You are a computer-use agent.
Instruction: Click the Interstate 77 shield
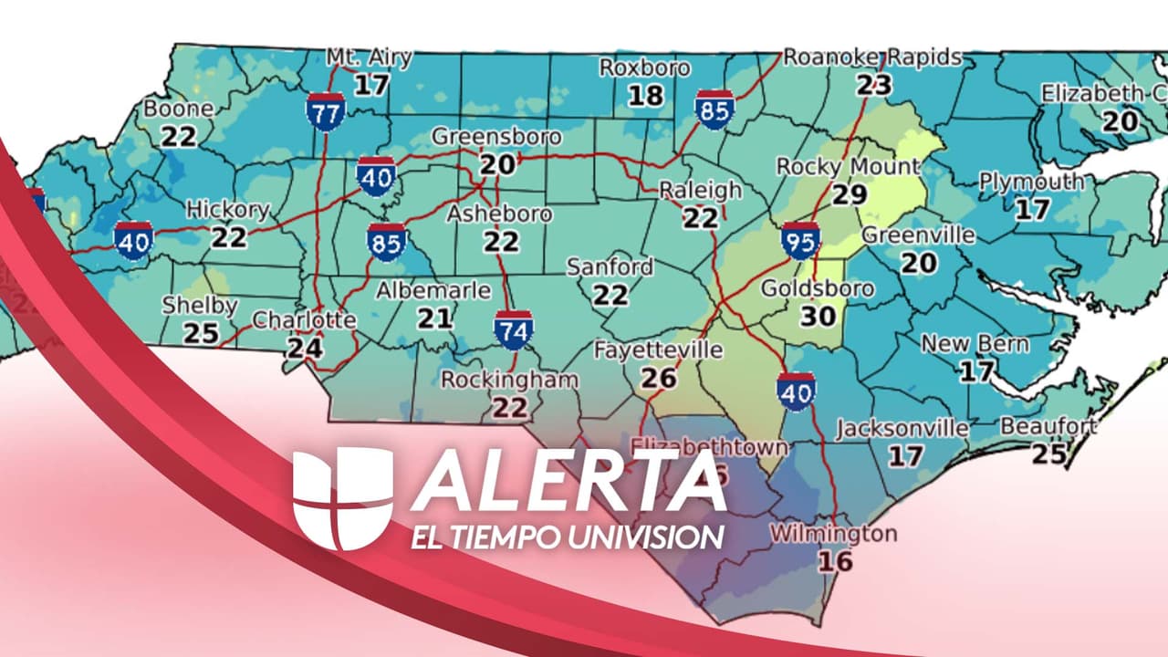[325, 109]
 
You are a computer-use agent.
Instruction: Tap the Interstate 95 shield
[800, 240]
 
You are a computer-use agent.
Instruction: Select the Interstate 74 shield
[514, 330]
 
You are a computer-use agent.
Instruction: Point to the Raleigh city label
[701, 191]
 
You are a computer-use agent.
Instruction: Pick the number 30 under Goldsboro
[818, 316]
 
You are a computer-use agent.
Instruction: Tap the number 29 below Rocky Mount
[848, 194]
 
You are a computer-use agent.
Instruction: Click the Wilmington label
[833, 534]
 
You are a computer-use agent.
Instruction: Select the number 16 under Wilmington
[835, 560]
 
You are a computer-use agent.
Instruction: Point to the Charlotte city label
[304, 320]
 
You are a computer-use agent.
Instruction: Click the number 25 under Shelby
[201, 332]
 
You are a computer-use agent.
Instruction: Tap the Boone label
[179, 109]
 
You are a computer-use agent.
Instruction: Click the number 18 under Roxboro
[644, 95]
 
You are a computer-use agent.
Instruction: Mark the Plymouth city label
[1031, 182]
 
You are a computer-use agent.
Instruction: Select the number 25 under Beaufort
[1049, 453]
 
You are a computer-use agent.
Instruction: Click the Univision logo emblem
[342, 498]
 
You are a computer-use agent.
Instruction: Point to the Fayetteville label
[658, 350]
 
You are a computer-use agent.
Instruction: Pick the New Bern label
[975, 344]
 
